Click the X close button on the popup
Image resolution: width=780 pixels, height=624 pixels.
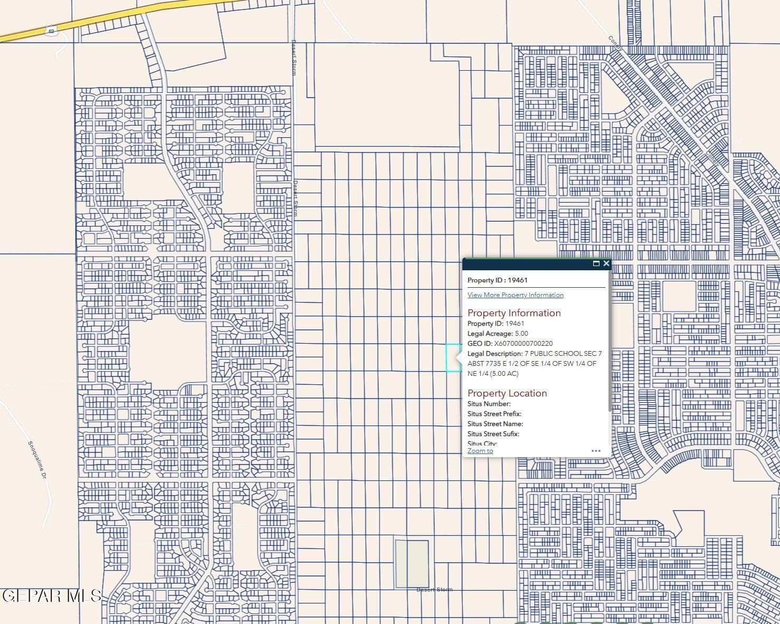click(606, 263)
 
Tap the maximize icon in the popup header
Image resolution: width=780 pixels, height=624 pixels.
click(596, 263)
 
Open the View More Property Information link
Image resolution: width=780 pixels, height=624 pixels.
click(515, 295)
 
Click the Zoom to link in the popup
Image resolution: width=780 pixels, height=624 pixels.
click(480, 451)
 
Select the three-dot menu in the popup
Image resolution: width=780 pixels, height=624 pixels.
click(596, 451)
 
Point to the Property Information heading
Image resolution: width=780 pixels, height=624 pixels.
click(514, 313)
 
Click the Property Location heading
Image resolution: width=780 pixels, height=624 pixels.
click(507, 393)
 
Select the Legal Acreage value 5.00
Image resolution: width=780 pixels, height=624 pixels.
click(521, 334)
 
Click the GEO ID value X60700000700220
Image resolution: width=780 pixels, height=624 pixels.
click(523, 344)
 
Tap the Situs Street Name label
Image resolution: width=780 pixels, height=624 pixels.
click(495, 424)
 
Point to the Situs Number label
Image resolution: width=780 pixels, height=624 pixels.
click(489, 404)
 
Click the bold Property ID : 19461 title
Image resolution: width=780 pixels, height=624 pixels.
click(497, 280)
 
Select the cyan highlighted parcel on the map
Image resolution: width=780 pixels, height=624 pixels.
click(452, 358)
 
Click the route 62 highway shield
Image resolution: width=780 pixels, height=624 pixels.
click(51, 31)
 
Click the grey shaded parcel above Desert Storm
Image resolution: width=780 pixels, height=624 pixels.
click(412, 563)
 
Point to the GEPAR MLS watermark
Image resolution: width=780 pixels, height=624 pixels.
click(51, 596)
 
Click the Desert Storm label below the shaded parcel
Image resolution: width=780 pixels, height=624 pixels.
click(434, 590)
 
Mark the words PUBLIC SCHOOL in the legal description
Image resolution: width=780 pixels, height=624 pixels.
click(556, 354)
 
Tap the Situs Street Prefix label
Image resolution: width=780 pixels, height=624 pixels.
click(494, 414)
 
